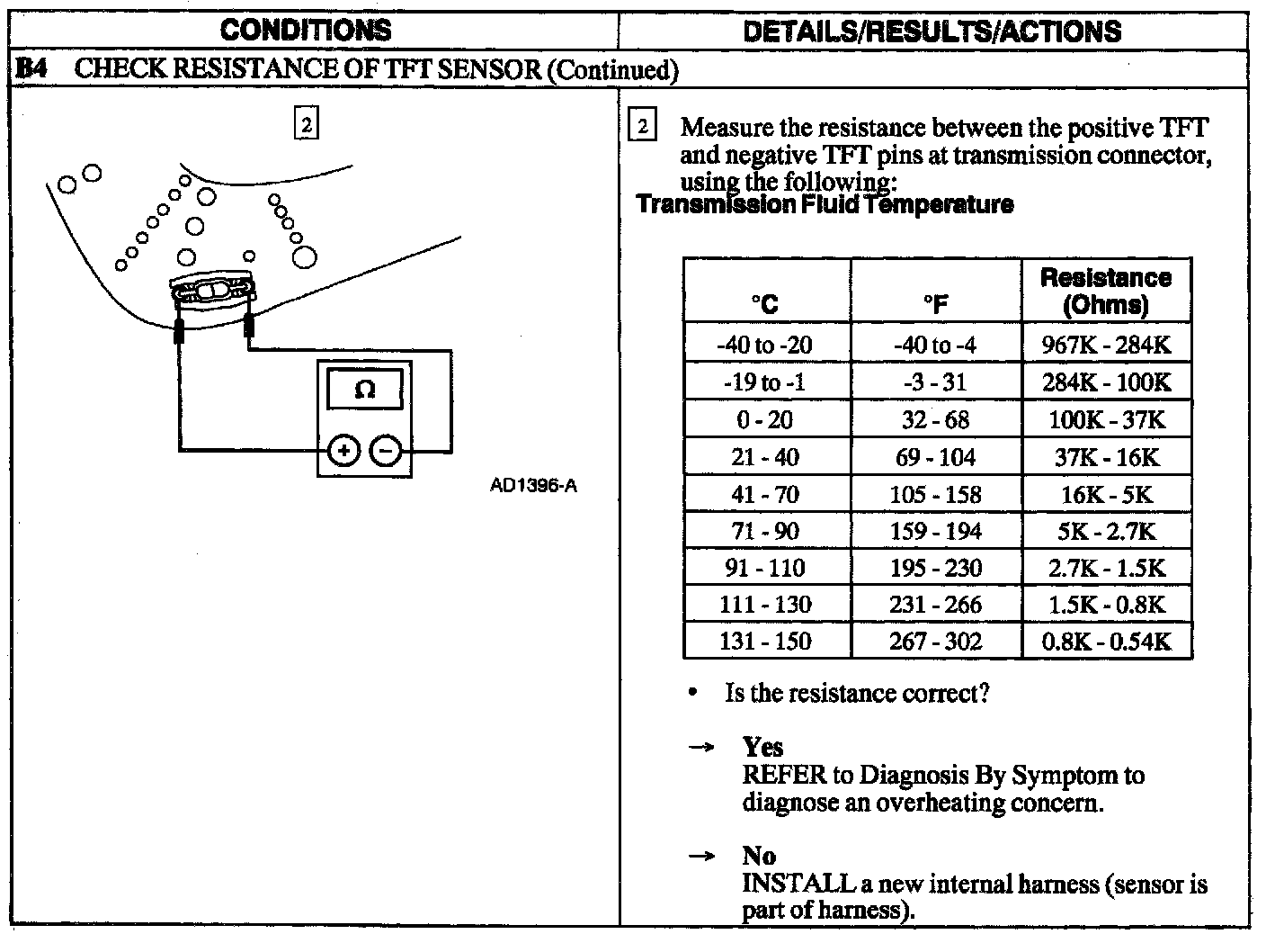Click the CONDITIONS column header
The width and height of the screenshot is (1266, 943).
(x=306, y=30)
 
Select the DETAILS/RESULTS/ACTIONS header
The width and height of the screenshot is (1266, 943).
(x=933, y=31)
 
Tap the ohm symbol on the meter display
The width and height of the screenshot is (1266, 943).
(x=364, y=390)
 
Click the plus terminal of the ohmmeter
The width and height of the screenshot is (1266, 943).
(x=343, y=450)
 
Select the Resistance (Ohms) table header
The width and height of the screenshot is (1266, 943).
(x=1106, y=291)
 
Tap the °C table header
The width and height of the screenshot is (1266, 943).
(x=765, y=304)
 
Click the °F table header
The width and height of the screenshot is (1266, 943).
(x=935, y=304)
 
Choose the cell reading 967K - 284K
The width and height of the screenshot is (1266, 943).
(x=1106, y=345)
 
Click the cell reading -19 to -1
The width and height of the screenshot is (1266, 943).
(x=765, y=382)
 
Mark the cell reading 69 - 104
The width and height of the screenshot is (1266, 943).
(x=935, y=457)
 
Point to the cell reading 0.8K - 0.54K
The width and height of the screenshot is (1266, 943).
(x=1106, y=642)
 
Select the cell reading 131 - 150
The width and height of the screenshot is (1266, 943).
(x=765, y=642)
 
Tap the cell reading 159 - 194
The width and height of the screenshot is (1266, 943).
(x=935, y=531)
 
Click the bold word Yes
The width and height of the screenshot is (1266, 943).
(x=762, y=747)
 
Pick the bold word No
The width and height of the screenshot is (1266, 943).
(x=759, y=855)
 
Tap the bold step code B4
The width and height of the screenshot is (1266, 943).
(x=33, y=69)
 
